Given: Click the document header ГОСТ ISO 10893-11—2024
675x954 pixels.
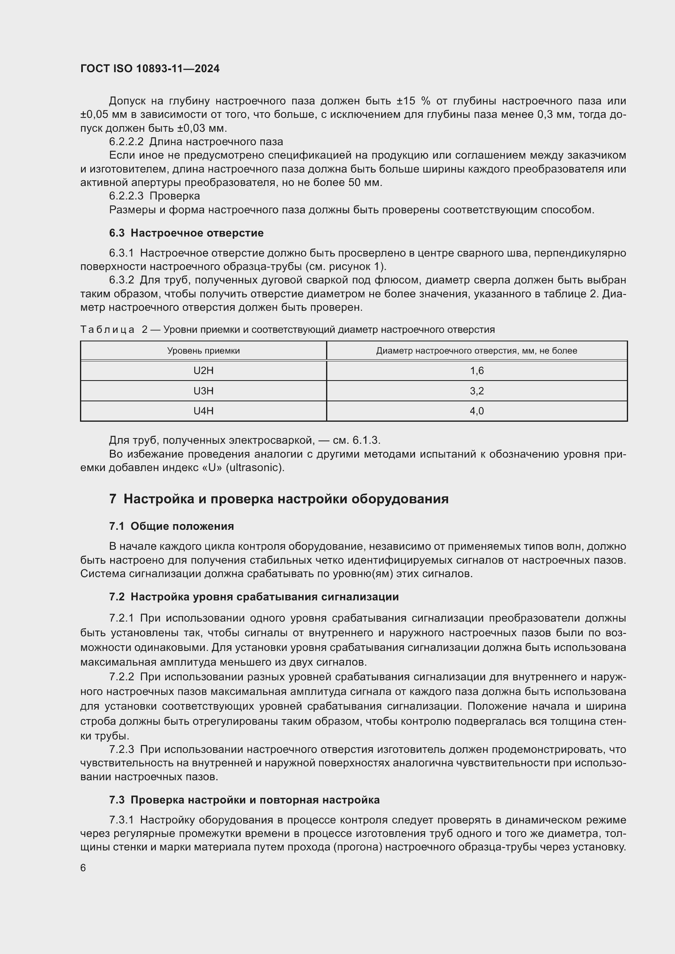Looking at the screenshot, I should click(150, 69).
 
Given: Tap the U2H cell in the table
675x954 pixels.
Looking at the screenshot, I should click(203, 371).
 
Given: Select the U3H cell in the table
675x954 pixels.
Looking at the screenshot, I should click(203, 391).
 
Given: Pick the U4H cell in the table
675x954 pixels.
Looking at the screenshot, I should click(203, 411).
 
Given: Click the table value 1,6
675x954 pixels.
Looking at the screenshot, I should click(477, 371).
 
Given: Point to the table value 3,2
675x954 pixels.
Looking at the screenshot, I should click(477, 391).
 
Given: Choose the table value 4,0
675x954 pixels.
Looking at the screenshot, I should click(477, 411).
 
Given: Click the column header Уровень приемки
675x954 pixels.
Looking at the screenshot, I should click(203, 351).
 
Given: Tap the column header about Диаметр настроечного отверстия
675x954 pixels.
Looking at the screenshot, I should click(476, 351).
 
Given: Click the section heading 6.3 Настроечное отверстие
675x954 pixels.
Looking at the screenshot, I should click(186, 233).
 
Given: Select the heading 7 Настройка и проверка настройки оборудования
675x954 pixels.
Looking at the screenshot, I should click(278, 499).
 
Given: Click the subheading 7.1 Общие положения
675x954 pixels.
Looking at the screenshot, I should click(171, 527).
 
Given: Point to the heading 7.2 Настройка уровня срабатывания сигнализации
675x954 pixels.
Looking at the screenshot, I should click(253, 597).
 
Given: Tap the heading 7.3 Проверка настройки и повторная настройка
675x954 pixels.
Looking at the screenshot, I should click(244, 800).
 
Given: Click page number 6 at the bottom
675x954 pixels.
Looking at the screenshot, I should click(83, 868).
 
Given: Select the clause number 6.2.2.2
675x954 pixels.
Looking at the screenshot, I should click(126, 142).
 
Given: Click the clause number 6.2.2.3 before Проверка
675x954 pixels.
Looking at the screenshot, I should click(126, 196).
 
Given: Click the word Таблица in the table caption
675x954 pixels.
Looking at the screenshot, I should click(107, 330).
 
